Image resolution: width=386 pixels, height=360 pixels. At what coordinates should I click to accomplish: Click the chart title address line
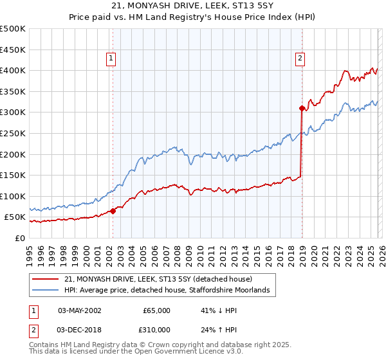click(x=192, y=6)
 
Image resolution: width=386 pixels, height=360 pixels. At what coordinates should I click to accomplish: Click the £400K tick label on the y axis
click(x=12, y=70)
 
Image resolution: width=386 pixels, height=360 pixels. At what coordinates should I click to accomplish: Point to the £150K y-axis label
click(x=12, y=175)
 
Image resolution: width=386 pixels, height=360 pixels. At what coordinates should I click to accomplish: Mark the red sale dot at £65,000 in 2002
click(x=113, y=211)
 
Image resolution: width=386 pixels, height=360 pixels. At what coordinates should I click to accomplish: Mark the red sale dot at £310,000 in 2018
click(x=301, y=109)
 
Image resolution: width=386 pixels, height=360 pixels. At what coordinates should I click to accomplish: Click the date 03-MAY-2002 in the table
click(x=79, y=310)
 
